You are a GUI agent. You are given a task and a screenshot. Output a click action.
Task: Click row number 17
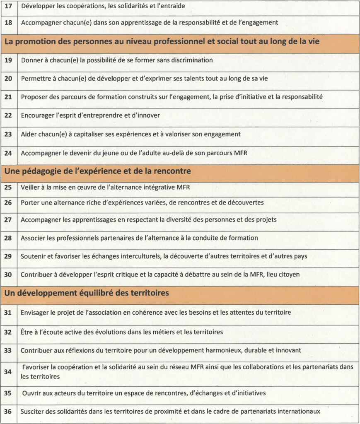8,7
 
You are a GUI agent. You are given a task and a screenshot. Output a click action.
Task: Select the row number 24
8,153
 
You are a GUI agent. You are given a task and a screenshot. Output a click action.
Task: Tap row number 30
8,275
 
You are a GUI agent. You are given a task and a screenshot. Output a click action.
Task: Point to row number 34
8,372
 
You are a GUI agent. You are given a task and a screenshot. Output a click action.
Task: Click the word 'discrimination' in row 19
192,60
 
